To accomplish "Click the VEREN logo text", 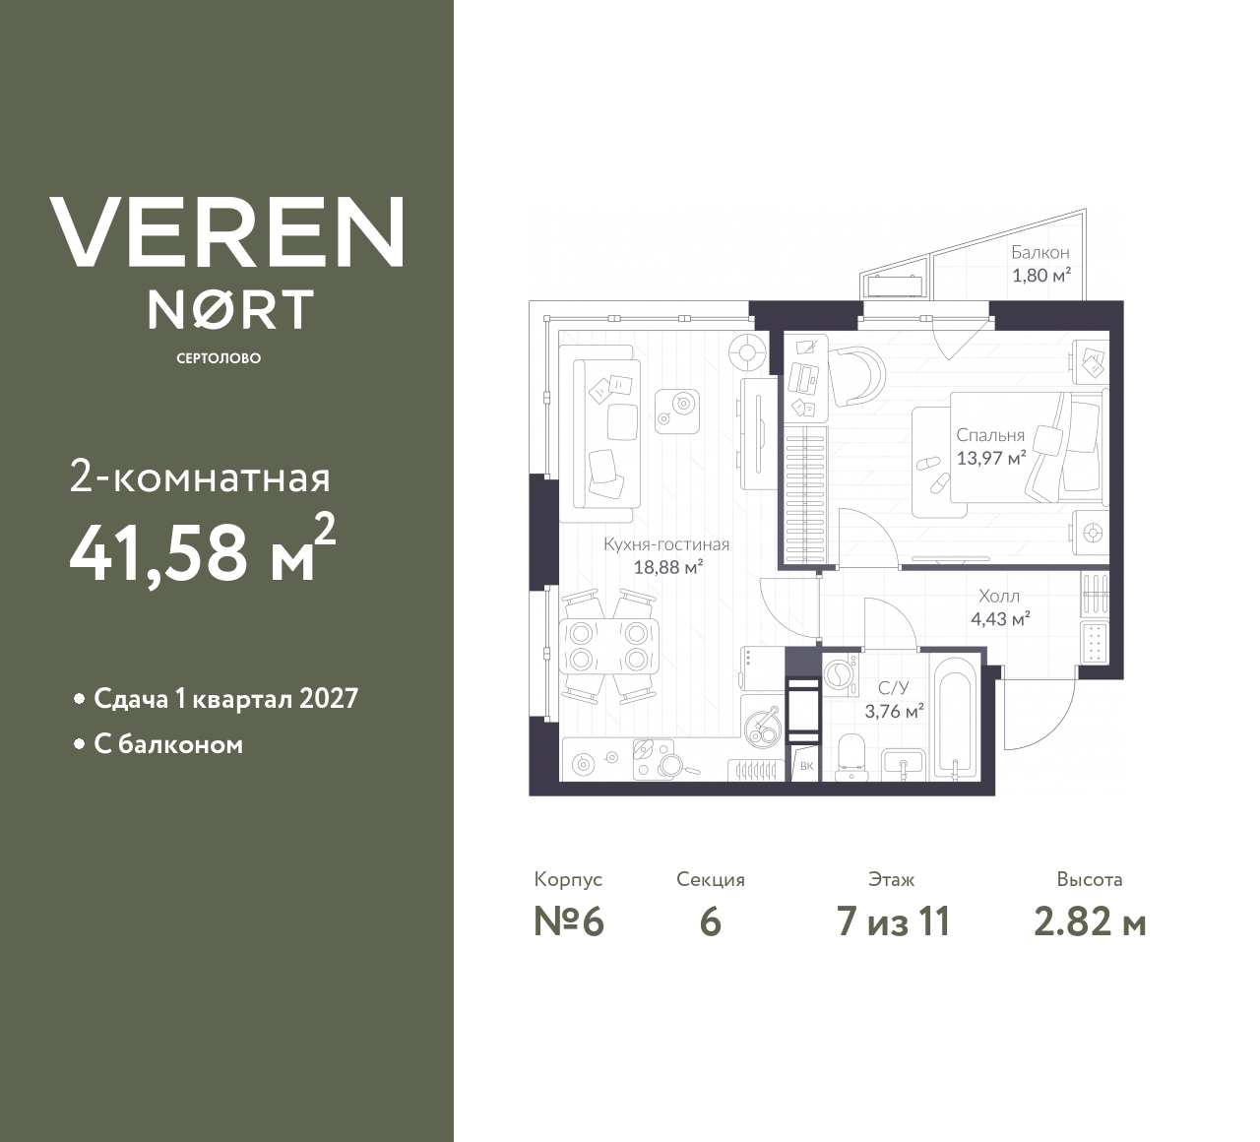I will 227,231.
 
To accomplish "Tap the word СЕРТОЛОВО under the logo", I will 219,358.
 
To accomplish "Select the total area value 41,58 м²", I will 203,551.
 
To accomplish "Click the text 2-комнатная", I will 200,479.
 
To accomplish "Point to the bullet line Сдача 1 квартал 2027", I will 225,699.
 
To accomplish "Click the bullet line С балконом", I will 168,744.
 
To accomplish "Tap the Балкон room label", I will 1039,253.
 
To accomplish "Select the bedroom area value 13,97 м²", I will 991,457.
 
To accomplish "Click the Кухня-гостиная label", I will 666,544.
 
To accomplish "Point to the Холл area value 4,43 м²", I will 999,619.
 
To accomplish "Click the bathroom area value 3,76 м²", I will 893,711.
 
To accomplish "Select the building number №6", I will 568,922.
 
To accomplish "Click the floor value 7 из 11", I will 892,922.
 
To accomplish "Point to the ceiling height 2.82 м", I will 1089,922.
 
